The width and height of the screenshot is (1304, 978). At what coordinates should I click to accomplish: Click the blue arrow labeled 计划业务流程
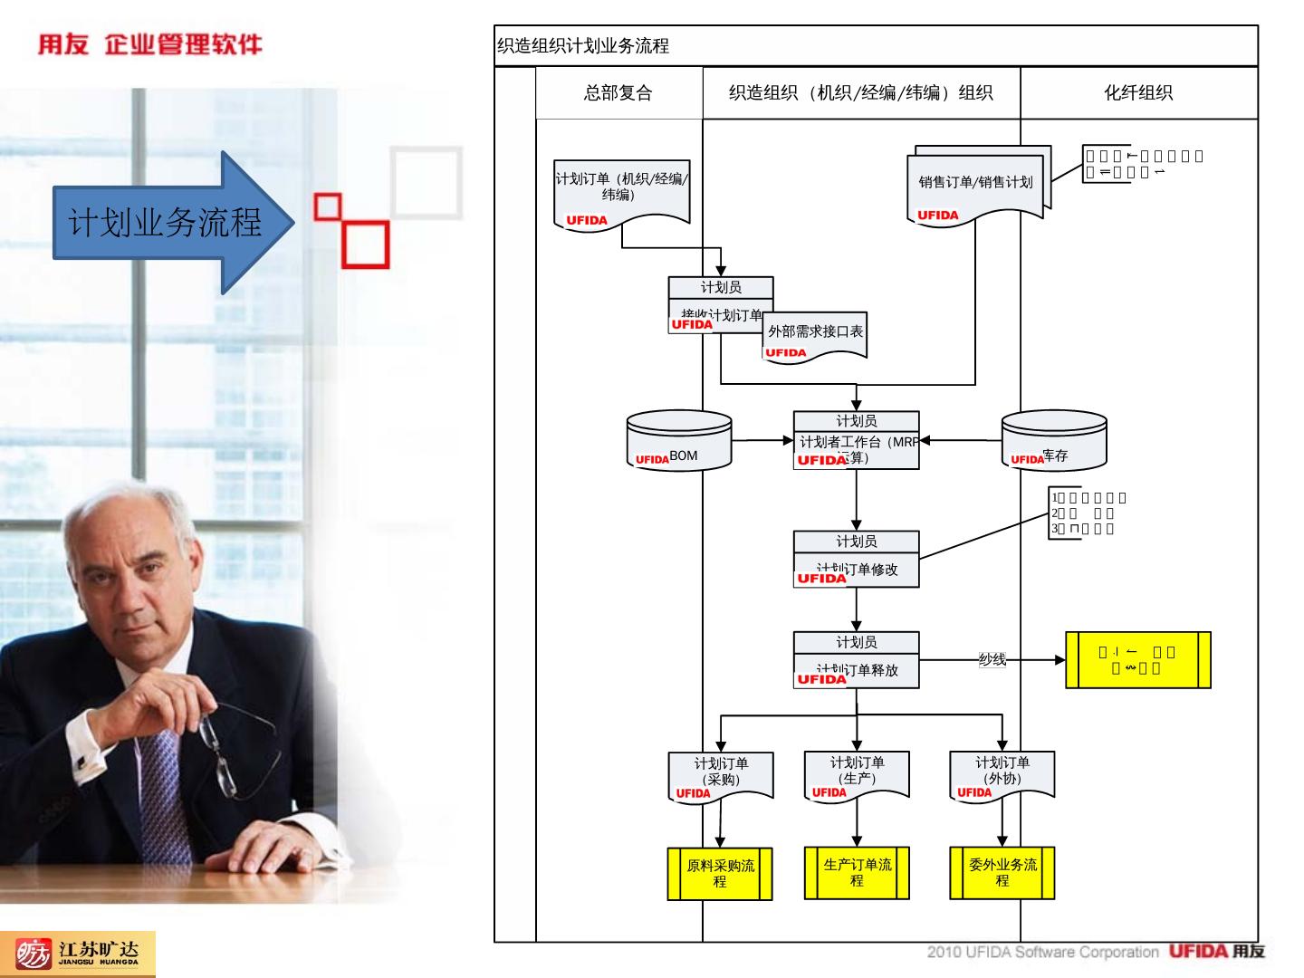point(168,222)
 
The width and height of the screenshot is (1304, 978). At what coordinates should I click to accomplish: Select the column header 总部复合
point(618,92)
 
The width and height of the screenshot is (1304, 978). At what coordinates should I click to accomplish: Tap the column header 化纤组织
point(1138,92)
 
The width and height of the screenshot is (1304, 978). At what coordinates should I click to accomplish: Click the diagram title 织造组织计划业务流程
point(583,46)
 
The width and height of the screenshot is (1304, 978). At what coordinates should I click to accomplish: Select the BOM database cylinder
point(679,442)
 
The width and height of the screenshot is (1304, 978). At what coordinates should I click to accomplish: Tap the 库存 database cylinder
point(1054,442)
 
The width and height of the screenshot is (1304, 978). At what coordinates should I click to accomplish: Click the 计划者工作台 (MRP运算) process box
point(857,441)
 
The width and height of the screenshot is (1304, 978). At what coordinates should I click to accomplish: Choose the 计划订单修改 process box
point(857,560)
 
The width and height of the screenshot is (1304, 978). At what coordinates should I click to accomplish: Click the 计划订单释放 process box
point(857,660)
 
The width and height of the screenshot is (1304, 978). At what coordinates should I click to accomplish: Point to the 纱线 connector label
point(992,659)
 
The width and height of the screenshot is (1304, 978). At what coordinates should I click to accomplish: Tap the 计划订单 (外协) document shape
point(1002,775)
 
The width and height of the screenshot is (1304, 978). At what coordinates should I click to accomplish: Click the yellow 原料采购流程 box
point(720,874)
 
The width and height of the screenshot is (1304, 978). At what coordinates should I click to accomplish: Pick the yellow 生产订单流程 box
point(857,873)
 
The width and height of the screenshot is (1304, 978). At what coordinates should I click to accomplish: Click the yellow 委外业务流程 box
point(1002,873)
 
